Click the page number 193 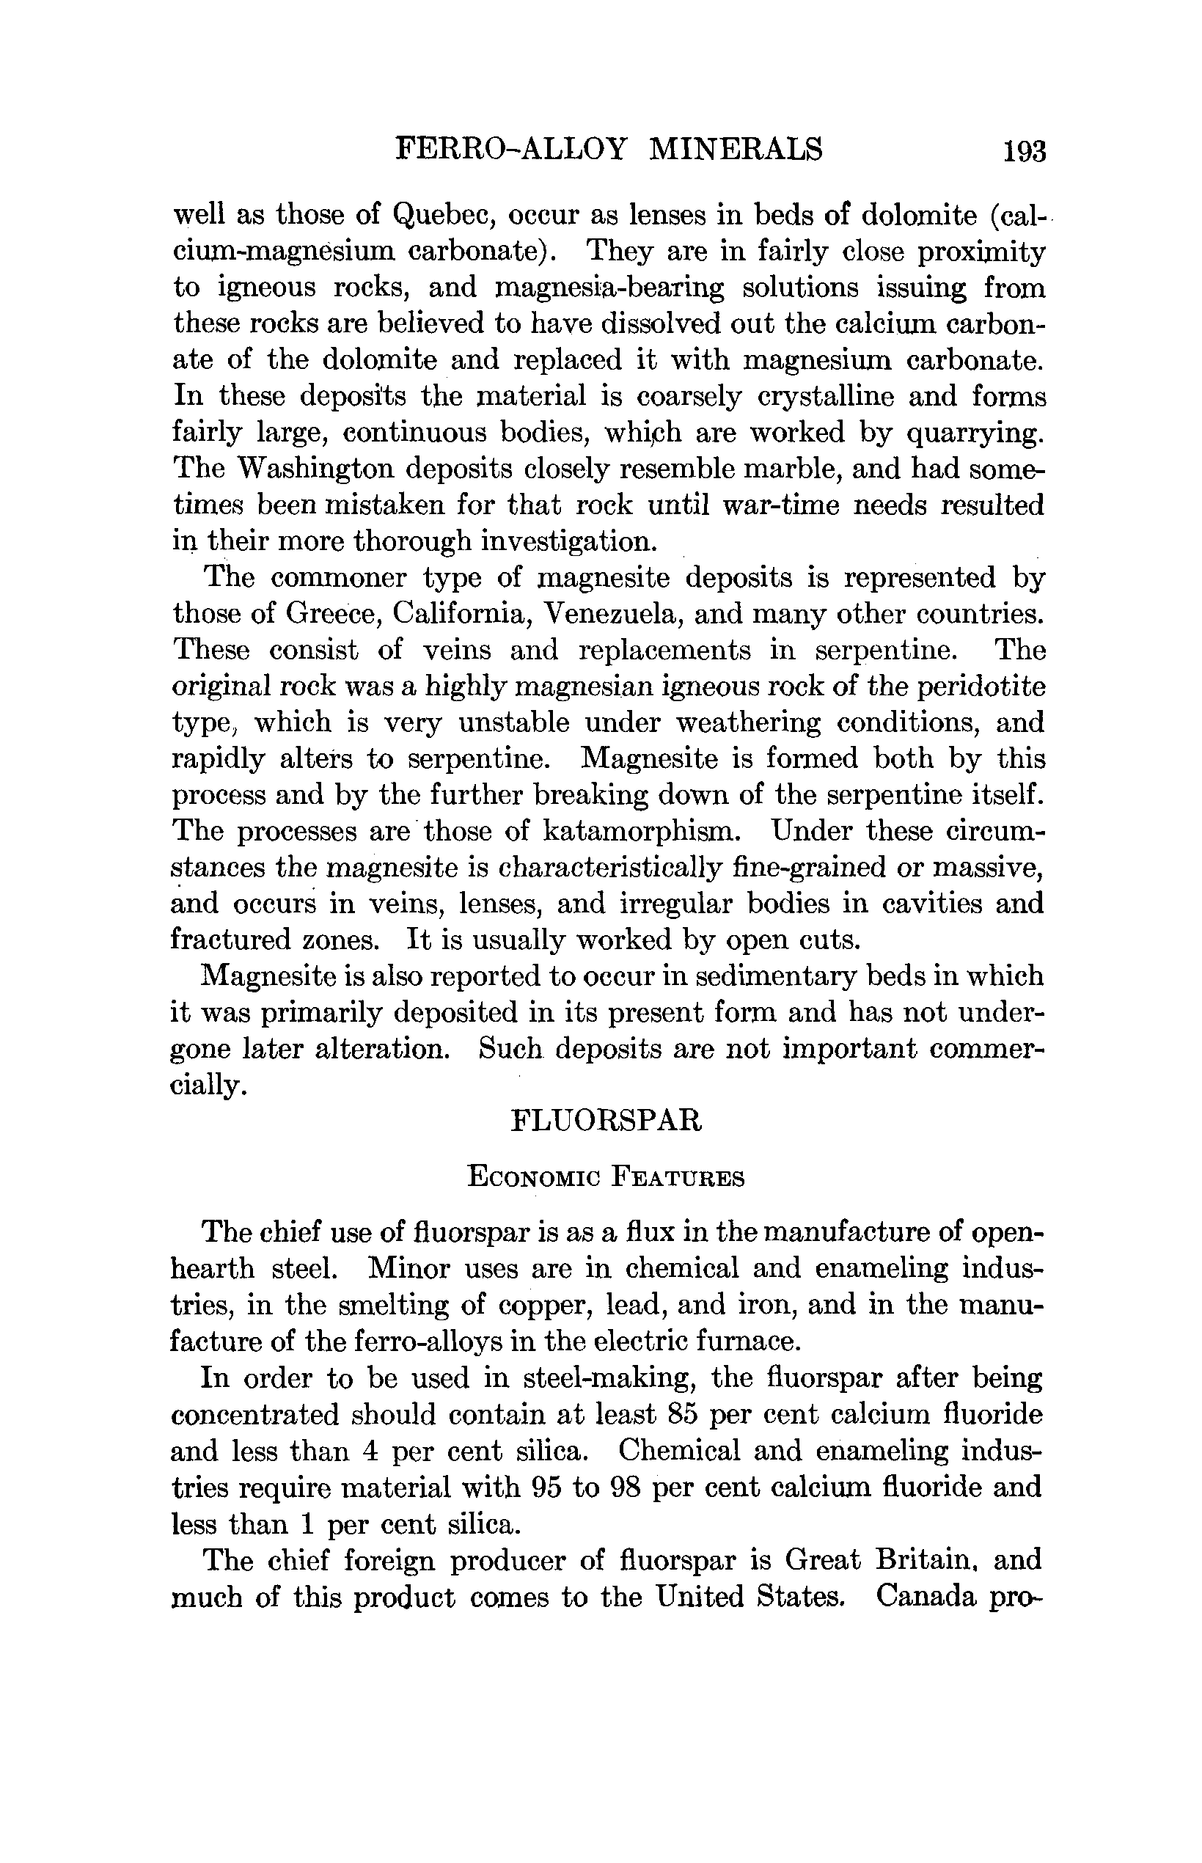tap(1024, 150)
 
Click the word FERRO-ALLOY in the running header tap(511, 148)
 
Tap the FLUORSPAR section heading tap(607, 1121)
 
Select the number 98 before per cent tap(623, 1487)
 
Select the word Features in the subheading tap(678, 1176)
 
